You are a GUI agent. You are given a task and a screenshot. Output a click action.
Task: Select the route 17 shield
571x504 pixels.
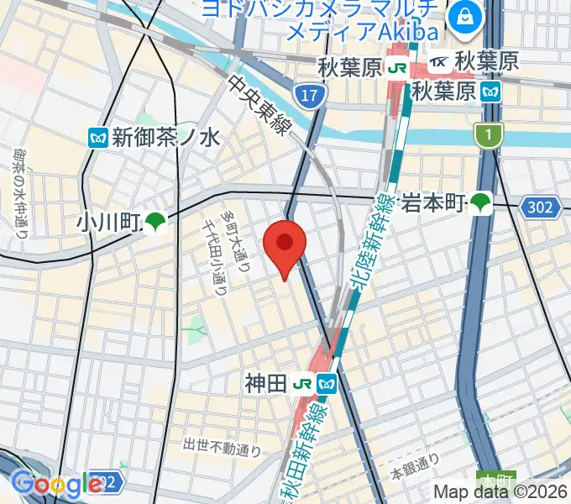point(310,96)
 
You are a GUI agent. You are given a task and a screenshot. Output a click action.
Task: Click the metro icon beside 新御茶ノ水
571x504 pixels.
point(98,136)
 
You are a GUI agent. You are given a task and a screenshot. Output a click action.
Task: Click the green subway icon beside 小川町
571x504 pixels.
point(155,223)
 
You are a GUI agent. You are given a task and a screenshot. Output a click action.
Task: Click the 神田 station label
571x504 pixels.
point(266,385)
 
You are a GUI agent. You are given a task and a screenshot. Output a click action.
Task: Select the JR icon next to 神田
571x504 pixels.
point(304,385)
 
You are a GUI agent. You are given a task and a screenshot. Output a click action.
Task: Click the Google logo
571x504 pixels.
point(56,484)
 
